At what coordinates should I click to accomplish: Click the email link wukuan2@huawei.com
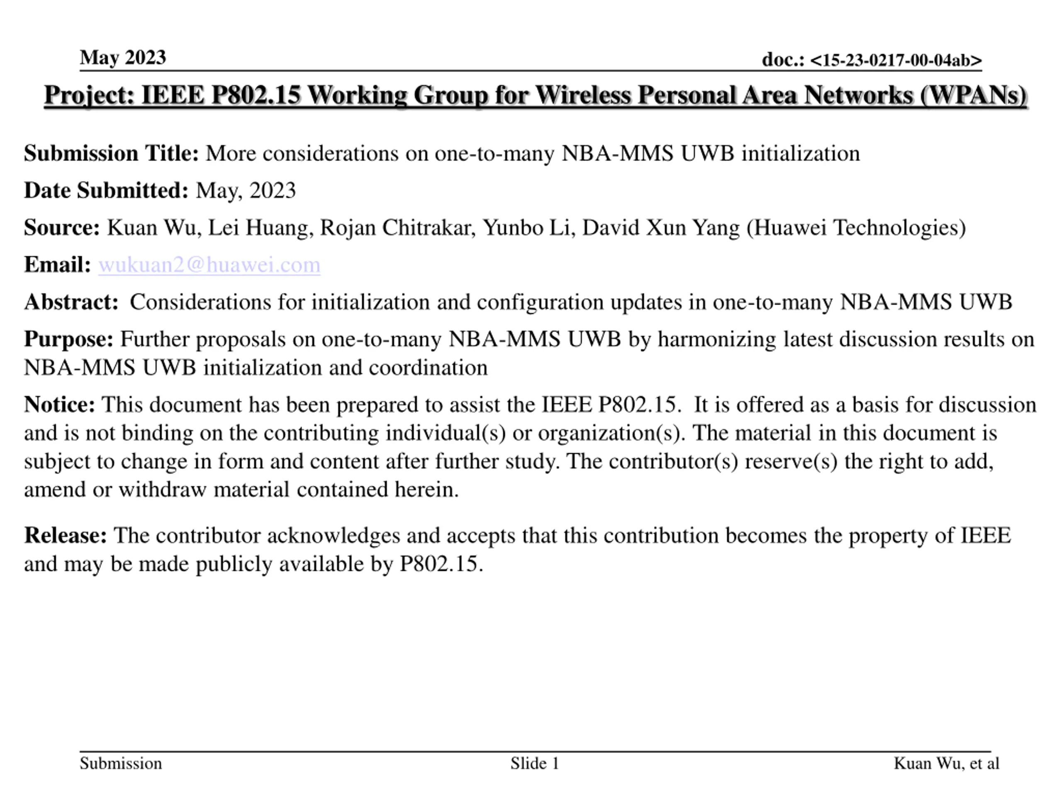point(209,265)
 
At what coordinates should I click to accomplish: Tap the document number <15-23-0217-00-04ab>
point(896,60)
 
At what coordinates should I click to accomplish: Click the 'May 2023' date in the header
point(123,58)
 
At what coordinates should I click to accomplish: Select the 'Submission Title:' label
point(111,153)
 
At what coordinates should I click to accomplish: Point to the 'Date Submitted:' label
point(106,190)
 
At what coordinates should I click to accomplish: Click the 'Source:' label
point(62,228)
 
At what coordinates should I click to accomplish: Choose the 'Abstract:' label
point(71,302)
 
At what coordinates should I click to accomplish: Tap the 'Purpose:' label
point(68,339)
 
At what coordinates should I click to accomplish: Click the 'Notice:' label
point(60,405)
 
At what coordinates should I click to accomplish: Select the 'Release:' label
point(65,536)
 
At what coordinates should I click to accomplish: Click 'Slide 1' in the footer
point(535,763)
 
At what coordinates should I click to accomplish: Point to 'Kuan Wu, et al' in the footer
point(946,763)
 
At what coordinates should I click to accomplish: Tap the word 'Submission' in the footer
point(120,763)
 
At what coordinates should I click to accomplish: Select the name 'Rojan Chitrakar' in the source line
point(397,228)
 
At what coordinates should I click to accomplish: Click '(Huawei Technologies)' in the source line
point(856,228)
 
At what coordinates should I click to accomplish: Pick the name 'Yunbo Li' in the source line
point(529,228)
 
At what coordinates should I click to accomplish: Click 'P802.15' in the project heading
point(256,95)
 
